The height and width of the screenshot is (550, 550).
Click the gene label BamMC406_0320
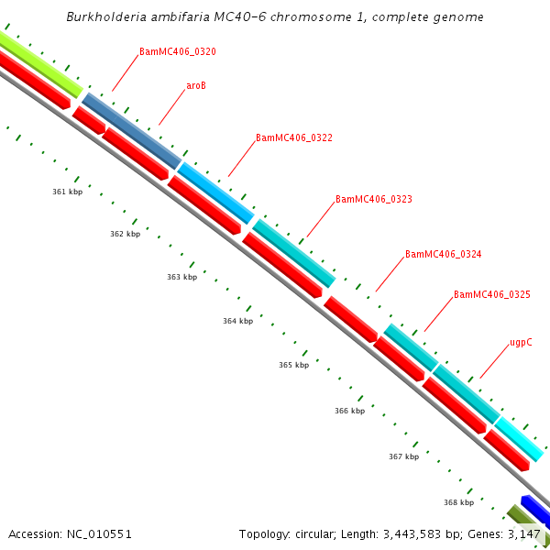point(178,52)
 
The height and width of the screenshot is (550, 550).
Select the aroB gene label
point(195,85)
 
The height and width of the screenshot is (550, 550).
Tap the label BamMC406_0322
point(293,138)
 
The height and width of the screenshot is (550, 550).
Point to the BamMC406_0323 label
point(374,199)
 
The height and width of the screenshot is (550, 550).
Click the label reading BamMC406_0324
point(443,254)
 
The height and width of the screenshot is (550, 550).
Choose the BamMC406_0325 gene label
point(491,295)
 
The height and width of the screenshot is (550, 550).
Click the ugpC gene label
point(521,343)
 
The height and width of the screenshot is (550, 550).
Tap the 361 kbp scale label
point(67,192)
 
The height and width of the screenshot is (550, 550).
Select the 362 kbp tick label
point(125,234)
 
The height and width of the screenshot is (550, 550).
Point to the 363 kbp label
point(181,277)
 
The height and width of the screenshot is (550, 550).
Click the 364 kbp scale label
point(237,321)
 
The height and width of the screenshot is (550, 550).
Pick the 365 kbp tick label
point(293,365)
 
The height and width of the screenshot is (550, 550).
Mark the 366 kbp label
point(349,411)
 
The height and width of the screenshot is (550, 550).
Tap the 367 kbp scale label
point(403,456)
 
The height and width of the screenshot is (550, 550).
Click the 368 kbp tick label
point(458,502)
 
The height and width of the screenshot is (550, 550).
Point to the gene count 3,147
point(525,533)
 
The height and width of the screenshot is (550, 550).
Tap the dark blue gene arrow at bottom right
point(535,509)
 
